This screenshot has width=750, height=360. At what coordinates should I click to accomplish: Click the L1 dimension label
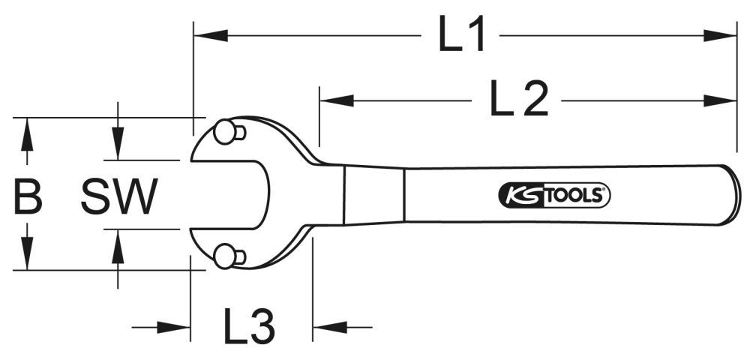tap(462, 36)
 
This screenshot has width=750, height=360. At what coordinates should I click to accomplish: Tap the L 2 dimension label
tap(519, 100)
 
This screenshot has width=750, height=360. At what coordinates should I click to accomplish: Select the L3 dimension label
tap(249, 326)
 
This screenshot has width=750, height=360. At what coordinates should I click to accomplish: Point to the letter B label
tap(27, 196)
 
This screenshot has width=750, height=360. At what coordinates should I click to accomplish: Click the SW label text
tap(119, 196)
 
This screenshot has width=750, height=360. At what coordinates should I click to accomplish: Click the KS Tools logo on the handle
tap(554, 196)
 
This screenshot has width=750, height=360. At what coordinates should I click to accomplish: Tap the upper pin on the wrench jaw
tap(224, 133)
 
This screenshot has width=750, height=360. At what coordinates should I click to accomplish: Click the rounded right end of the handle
tap(732, 196)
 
